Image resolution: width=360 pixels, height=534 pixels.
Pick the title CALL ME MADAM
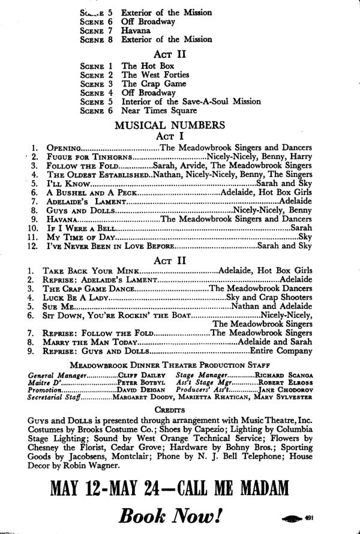254,486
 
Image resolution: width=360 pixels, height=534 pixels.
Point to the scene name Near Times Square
159,111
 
